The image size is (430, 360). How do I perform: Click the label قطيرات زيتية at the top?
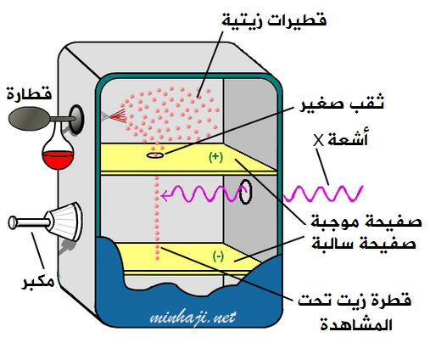click(x=274, y=20)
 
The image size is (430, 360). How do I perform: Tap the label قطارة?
click(x=29, y=93)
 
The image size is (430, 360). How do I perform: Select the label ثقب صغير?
click(x=342, y=103)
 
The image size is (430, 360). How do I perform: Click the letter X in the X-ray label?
click(x=318, y=140)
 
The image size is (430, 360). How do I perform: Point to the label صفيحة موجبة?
click(x=366, y=221)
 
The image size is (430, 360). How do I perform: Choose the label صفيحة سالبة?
click(x=364, y=244)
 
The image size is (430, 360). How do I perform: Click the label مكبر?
click(x=38, y=281)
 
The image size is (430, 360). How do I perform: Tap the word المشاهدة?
click(x=356, y=324)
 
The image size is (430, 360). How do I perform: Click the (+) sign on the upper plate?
click(x=215, y=157)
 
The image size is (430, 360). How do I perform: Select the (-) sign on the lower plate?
click(x=218, y=256)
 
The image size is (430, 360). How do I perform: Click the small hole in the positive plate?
click(x=155, y=155)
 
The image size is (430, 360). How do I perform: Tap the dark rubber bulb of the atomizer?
click(x=28, y=119)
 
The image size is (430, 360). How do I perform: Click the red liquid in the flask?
click(x=59, y=160)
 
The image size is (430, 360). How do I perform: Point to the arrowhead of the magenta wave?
click(x=165, y=195)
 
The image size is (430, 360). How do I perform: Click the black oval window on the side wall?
click(x=245, y=192)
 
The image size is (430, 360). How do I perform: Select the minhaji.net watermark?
click(x=193, y=318)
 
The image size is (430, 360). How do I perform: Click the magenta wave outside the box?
click(x=323, y=194)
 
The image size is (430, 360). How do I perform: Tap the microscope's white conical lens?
click(x=65, y=222)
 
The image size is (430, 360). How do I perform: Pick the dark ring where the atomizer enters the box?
click(x=76, y=119)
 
